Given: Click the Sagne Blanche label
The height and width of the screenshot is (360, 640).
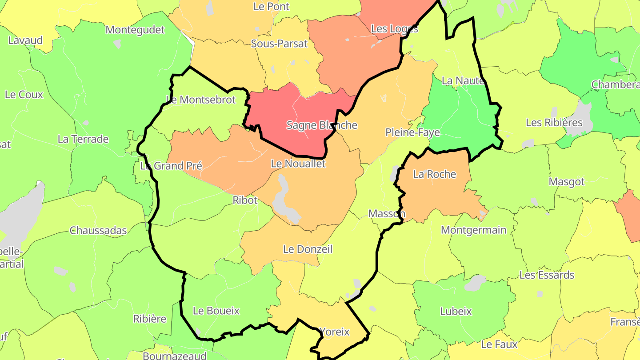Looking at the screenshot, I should click(322, 125).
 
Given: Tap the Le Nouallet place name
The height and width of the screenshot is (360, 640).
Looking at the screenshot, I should click(298, 164).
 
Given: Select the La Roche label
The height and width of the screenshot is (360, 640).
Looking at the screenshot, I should click(435, 174).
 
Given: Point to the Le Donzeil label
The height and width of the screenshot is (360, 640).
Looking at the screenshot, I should click(308, 249).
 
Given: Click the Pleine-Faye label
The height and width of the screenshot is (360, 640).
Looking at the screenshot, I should click(412, 132).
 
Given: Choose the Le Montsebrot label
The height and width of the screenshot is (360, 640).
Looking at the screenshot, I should click(201, 100).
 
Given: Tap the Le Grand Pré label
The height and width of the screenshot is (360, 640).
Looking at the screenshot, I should click(171, 166).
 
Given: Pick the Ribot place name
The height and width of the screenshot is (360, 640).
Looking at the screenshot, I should click(245, 200).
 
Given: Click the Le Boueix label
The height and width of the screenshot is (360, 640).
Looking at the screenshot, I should click(216, 311).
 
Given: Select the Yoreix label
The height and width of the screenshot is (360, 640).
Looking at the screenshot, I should click(335, 332).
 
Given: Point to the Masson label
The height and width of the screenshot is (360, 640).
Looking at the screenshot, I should click(387, 214).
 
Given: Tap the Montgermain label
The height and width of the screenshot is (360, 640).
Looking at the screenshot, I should click(473, 230).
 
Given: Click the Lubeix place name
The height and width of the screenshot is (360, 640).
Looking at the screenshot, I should click(456, 312).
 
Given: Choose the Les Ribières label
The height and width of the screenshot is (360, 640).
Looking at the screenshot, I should click(554, 123).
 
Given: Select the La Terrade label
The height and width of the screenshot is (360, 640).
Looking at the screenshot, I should click(83, 140).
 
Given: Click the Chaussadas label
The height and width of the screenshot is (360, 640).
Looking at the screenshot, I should click(98, 231).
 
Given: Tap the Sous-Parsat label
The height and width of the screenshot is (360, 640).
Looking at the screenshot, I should click(279, 44).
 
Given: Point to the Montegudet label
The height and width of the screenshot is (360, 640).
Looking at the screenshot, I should click(135, 30).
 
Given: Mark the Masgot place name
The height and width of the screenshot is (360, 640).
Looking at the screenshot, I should click(567, 182).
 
